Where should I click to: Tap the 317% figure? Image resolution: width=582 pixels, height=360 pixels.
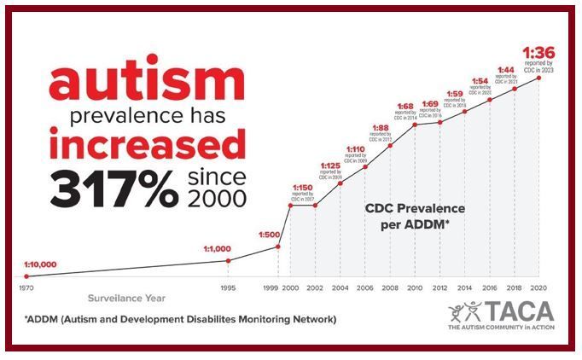108,189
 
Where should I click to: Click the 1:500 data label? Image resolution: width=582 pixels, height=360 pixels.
269,234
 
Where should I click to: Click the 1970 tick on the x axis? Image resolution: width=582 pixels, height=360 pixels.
27,287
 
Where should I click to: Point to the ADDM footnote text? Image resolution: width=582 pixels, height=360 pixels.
180,319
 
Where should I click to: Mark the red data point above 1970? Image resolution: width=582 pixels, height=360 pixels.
27,276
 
